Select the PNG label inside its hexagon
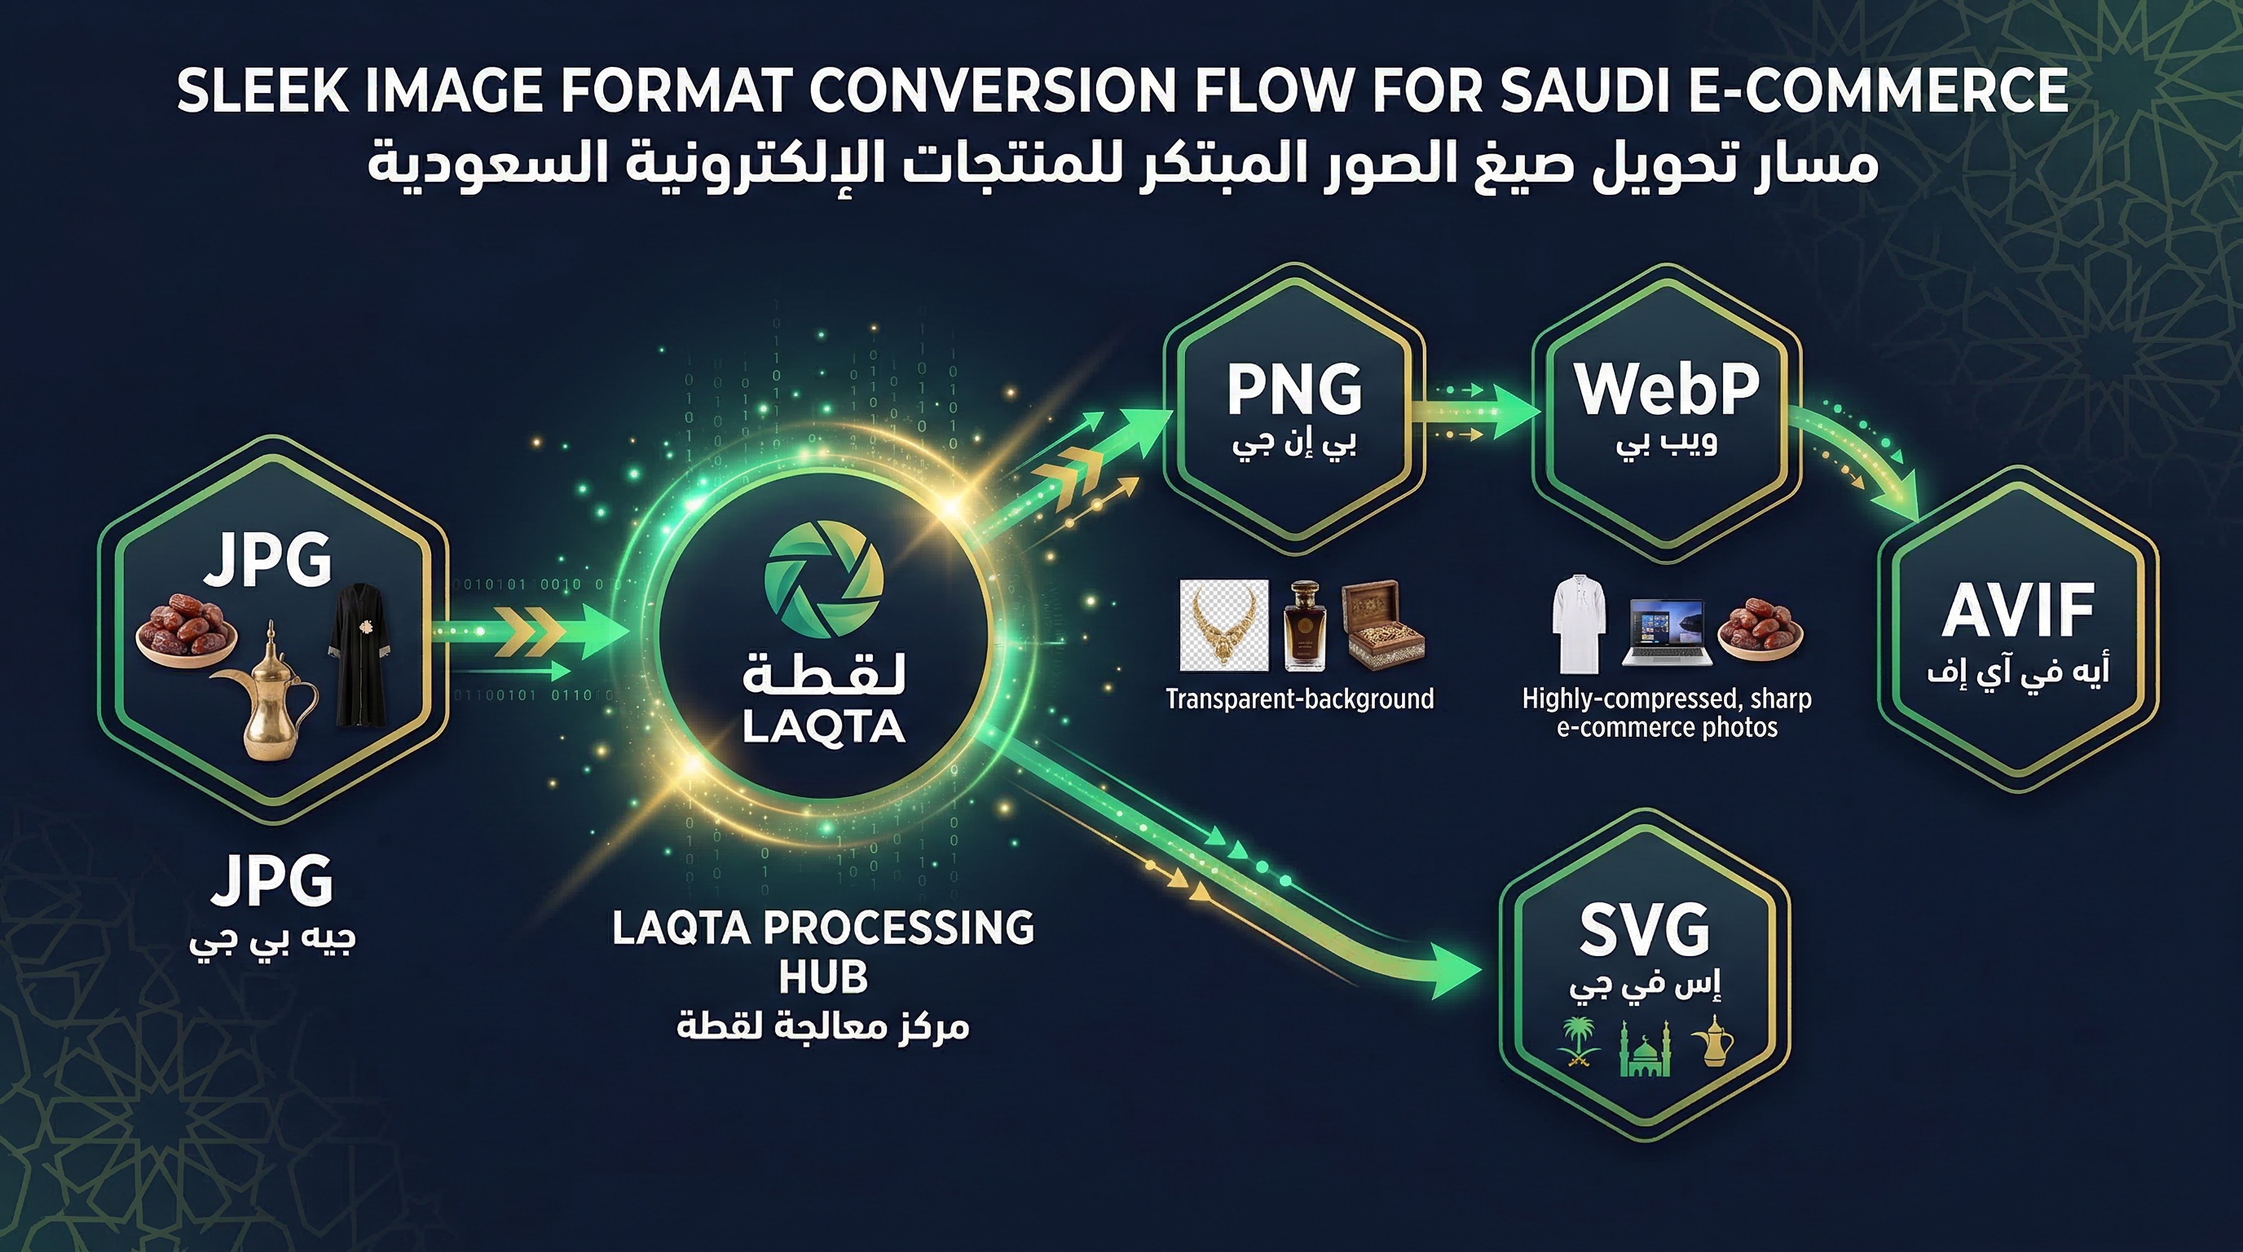tap(1294, 391)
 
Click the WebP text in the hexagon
tap(1667, 389)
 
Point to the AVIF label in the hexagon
tap(2017, 612)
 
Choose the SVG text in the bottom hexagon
tap(1644, 930)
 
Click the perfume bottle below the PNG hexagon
tap(1304, 627)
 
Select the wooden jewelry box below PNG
tap(1381, 627)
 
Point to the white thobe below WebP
tap(1578, 623)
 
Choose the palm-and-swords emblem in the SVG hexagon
tap(1578, 1043)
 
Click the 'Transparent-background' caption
tap(1299, 699)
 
